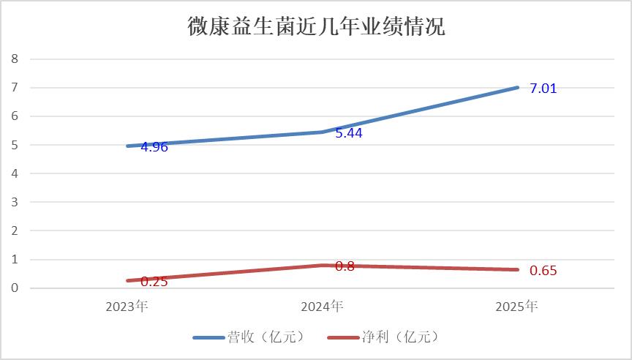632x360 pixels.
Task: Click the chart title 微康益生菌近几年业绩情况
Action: pyautogui.click(x=317, y=26)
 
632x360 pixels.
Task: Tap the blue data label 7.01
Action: pyautogui.click(x=543, y=89)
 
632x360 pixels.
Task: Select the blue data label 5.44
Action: pyautogui.click(x=349, y=133)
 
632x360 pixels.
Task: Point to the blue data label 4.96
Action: pyautogui.click(x=154, y=147)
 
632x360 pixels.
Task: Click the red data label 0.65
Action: pyautogui.click(x=543, y=271)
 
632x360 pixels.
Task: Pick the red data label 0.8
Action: pyautogui.click(x=345, y=266)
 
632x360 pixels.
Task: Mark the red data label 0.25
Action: pyautogui.click(x=154, y=282)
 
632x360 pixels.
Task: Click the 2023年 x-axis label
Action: pyautogui.click(x=127, y=307)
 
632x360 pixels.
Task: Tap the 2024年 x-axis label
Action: pyautogui.click(x=322, y=307)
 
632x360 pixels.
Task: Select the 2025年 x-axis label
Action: pyautogui.click(x=516, y=307)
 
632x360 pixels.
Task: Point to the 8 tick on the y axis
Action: pyautogui.click(x=15, y=59)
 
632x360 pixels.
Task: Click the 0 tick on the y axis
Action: pyautogui.click(x=15, y=288)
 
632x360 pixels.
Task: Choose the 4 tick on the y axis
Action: pyautogui.click(x=15, y=173)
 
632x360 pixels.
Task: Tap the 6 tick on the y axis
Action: pyautogui.click(x=15, y=116)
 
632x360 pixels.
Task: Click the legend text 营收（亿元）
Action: pyautogui.click(x=266, y=337)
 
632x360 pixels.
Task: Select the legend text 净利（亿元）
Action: pyautogui.click(x=400, y=337)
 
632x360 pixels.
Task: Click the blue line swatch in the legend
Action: pyautogui.click(x=208, y=337)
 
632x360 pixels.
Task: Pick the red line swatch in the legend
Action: pyautogui.click(x=343, y=337)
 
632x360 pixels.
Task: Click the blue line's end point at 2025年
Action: pyautogui.click(x=517, y=88)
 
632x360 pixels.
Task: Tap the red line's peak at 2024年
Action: pyautogui.click(x=323, y=266)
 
